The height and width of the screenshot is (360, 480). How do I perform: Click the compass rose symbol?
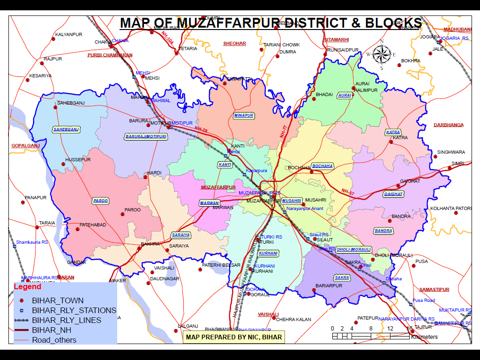(382, 54)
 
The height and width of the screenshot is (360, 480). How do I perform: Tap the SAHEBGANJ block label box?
(66, 129)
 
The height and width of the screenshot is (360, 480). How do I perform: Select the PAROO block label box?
(100, 201)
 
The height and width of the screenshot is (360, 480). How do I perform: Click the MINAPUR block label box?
(243, 115)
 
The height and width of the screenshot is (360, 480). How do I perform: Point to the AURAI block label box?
(345, 95)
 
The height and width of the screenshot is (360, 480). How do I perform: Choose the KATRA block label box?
(393, 132)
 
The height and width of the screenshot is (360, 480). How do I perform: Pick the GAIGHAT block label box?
(393, 194)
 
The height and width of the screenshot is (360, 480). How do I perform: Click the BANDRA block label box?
(383, 231)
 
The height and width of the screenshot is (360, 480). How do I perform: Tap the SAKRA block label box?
(342, 277)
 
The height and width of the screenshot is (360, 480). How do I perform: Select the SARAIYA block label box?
(180, 235)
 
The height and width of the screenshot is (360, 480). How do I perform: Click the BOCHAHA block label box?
(322, 166)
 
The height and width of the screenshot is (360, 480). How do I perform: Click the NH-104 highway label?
(167, 38)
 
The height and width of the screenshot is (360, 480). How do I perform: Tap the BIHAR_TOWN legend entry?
(58, 300)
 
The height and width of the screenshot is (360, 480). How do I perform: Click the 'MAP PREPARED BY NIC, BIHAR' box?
(234, 337)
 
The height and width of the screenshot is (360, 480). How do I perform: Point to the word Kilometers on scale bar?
(424, 337)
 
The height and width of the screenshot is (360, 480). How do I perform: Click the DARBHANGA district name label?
(449, 125)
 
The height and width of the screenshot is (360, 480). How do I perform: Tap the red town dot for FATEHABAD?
(78, 229)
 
